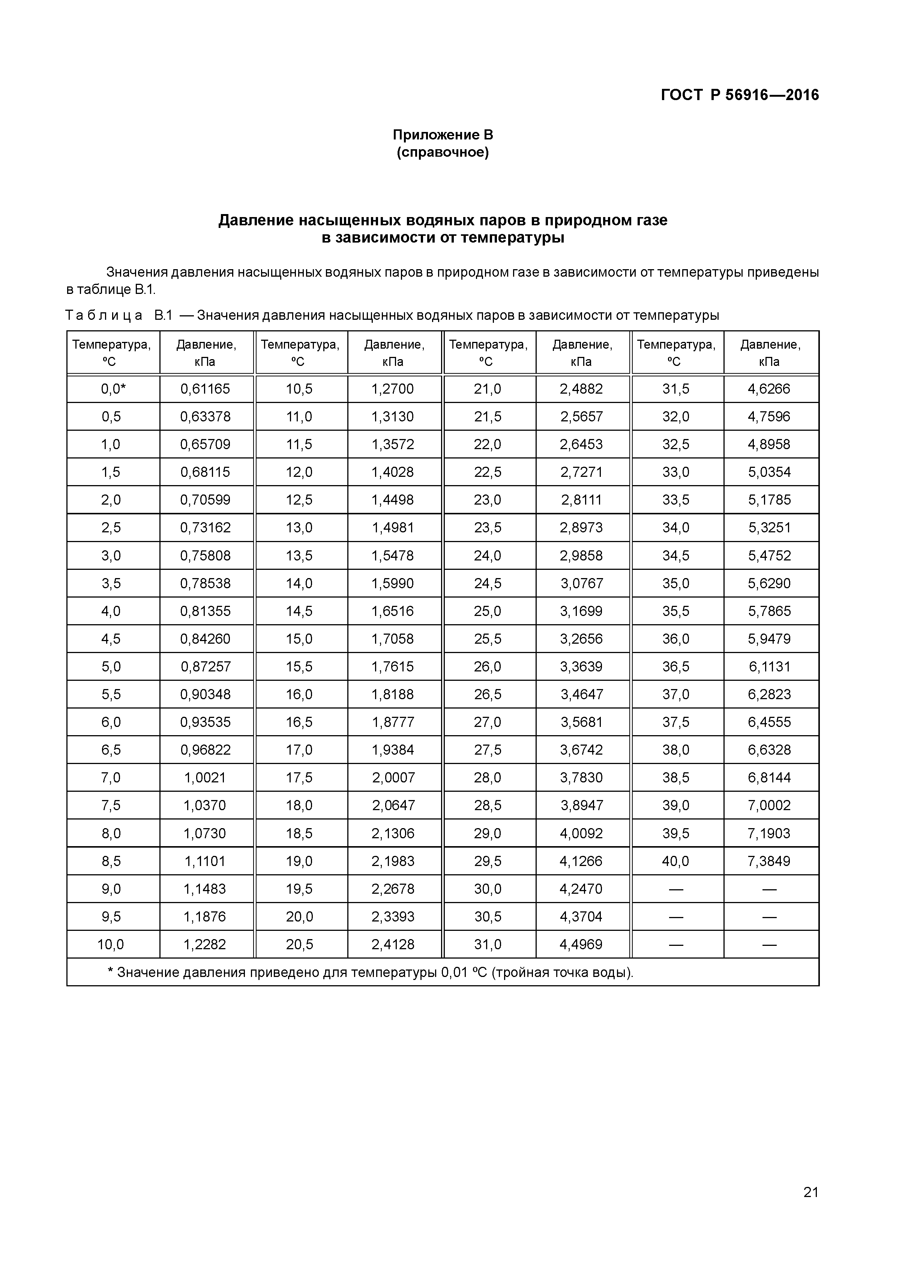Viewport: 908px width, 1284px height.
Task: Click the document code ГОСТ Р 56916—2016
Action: coord(740,95)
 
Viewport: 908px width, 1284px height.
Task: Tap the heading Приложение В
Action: coord(443,135)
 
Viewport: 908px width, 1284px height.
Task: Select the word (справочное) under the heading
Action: coord(443,152)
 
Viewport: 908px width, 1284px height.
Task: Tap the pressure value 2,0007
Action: coord(393,777)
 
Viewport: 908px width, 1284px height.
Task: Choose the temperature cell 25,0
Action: coord(488,611)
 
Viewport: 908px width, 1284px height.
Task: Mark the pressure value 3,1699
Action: coord(581,611)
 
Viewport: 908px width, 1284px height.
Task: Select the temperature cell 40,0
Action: coord(676,861)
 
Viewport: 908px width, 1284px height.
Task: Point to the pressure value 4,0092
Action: coord(581,833)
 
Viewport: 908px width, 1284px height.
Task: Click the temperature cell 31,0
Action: coord(488,944)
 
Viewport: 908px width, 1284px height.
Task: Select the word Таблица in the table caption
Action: coord(104,315)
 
